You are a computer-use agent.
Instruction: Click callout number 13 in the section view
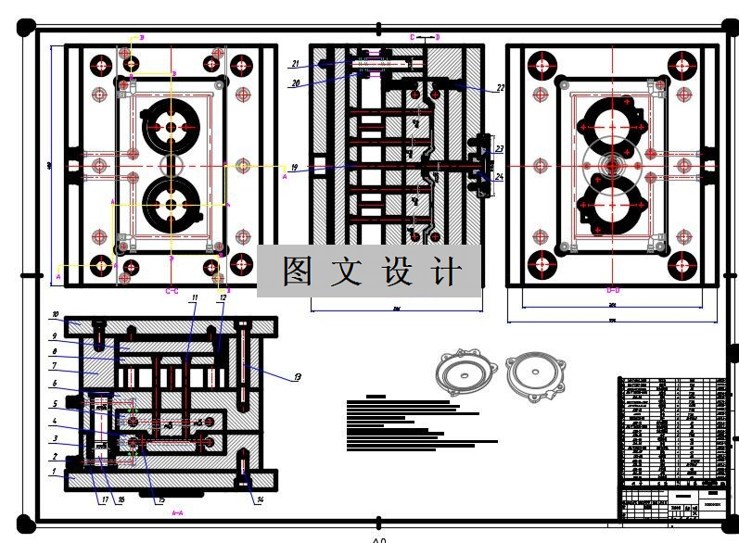[x=298, y=377]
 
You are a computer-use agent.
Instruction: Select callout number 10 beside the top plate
[x=55, y=315]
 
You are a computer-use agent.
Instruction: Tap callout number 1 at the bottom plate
[x=54, y=472]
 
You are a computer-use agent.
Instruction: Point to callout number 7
[x=55, y=366]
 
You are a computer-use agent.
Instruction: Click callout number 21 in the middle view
[x=294, y=64]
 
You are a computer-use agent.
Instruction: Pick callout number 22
[x=500, y=89]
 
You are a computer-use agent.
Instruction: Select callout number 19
[x=294, y=169]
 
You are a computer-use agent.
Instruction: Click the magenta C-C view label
[x=172, y=291]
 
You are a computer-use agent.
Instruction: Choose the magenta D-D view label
[x=613, y=290]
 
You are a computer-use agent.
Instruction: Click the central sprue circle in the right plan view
[x=613, y=166]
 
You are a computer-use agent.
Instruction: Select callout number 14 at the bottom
[x=259, y=500]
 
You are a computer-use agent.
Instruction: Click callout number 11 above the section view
[x=195, y=298]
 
